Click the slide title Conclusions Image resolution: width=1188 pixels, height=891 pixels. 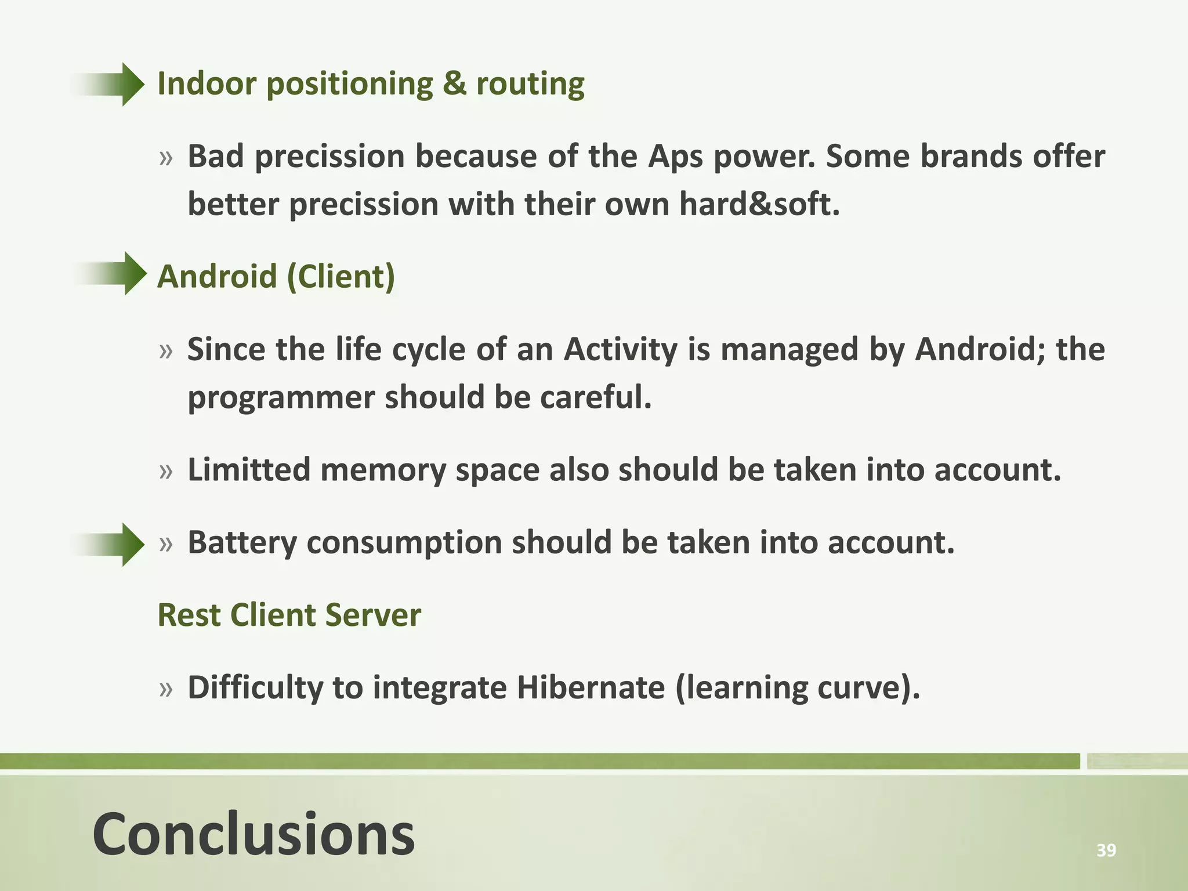[253, 834]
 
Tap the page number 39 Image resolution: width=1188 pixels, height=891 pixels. [1106, 850]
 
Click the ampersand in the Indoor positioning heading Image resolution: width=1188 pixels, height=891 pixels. [454, 84]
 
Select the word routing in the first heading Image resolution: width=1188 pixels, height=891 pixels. [530, 85]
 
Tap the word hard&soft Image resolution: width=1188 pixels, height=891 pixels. [759, 204]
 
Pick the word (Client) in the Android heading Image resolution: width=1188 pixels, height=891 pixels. [341, 276]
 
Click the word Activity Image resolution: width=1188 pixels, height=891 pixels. [620, 350]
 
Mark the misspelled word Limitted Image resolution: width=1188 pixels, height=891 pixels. [249, 469]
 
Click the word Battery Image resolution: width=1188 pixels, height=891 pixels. [242, 544]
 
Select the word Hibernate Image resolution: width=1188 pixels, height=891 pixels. [591, 688]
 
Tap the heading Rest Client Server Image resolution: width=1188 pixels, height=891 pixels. [289, 615]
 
